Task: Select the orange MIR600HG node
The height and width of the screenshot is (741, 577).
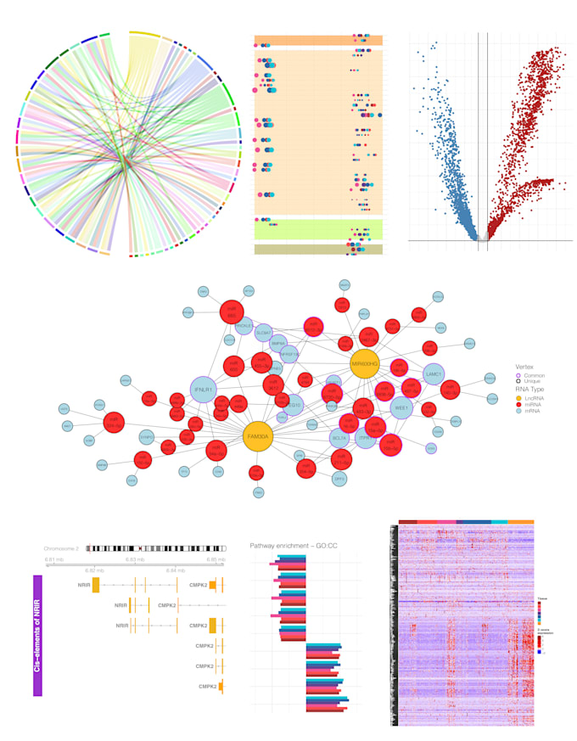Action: coord(366,363)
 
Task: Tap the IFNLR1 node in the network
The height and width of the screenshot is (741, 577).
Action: coord(204,391)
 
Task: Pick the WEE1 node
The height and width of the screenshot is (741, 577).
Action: coord(401,407)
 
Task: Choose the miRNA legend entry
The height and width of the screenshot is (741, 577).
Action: coord(527,405)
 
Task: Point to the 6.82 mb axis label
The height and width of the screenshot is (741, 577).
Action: coord(93,570)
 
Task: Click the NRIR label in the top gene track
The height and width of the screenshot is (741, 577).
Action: coord(84,585)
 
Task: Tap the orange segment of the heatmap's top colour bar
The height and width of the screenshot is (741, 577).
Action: coord(521,522)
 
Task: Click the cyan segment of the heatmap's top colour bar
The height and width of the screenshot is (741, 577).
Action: coord(499,522)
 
